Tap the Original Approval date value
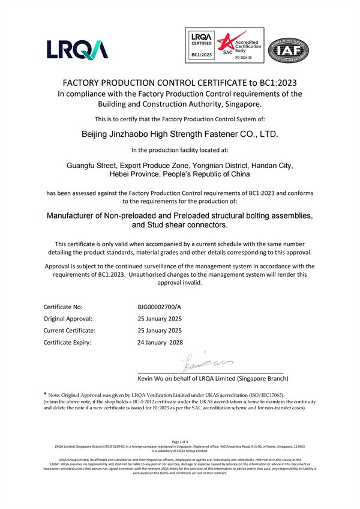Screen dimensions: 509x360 160,318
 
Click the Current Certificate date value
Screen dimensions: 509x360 160,330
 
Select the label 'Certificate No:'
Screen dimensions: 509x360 65,306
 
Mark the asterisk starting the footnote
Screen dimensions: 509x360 46,394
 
